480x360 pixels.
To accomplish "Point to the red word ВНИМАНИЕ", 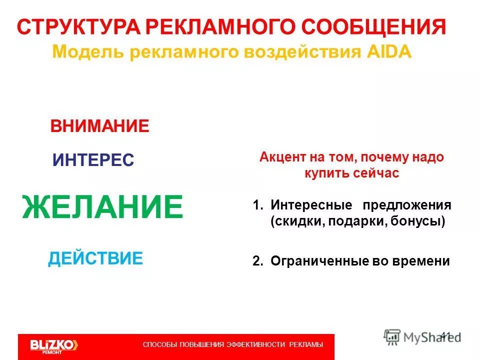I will point(99,125).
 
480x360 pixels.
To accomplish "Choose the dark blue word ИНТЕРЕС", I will point(93,160).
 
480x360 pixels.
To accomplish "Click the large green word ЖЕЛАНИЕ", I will point(102,207).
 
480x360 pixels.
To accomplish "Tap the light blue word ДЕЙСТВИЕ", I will point(95,258).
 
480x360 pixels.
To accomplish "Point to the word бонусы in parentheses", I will point(419,221).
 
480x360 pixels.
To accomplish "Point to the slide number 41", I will point(446,334).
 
